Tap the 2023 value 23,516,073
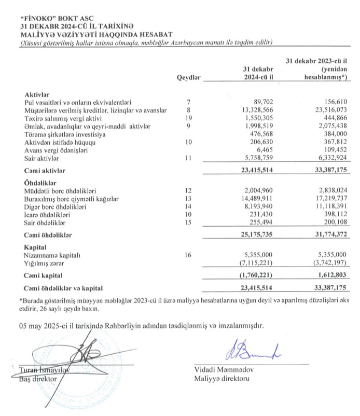325,110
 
